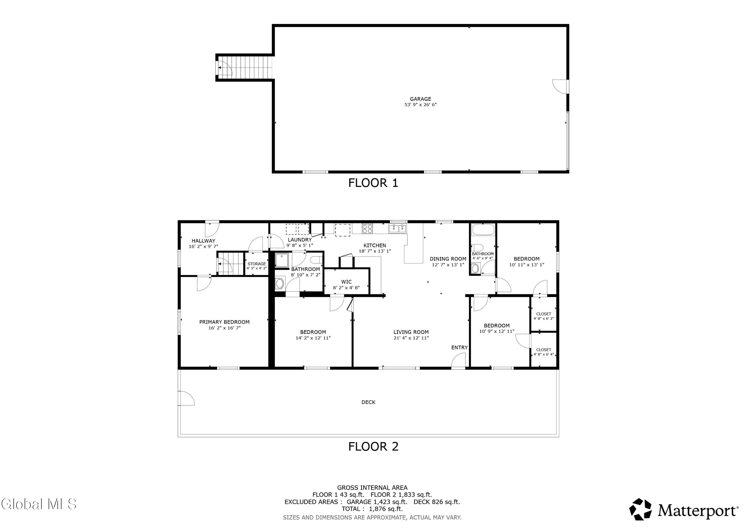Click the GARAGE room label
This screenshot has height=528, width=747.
point(420,99)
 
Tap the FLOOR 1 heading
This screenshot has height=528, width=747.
point(373,183)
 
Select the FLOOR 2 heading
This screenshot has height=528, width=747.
point(373,446)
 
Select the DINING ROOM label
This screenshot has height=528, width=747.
point(448,259)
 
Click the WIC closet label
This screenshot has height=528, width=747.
point(347,282)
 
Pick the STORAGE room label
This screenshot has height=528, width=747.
point(257,264)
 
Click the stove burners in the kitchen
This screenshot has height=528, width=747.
point(367,229)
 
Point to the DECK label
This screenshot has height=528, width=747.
point(368,402)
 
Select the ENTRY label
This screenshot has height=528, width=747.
point(459,348)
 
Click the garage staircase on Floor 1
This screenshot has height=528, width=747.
point(245,67)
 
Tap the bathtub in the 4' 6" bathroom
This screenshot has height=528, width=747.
point(483,230)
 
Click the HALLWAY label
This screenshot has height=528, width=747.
point(203,241)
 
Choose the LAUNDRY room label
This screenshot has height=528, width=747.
point(300,240)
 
